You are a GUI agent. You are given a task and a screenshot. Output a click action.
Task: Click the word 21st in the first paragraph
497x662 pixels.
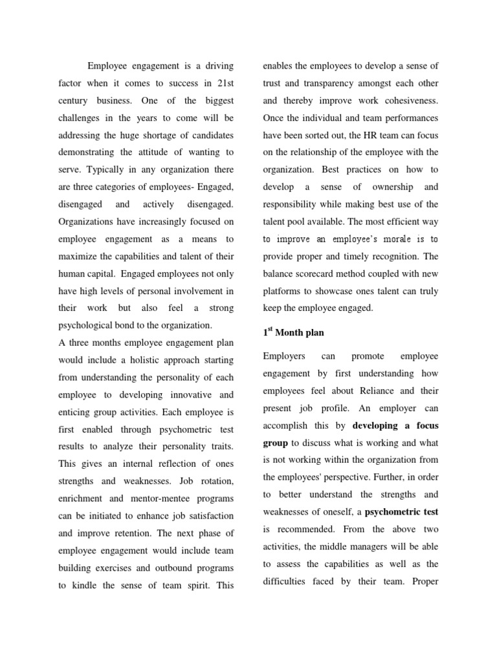coord(224,83)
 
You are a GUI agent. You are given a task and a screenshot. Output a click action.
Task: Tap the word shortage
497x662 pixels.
coord(171,135)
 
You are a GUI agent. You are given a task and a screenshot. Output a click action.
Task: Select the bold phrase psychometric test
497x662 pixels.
coord(401,512)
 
